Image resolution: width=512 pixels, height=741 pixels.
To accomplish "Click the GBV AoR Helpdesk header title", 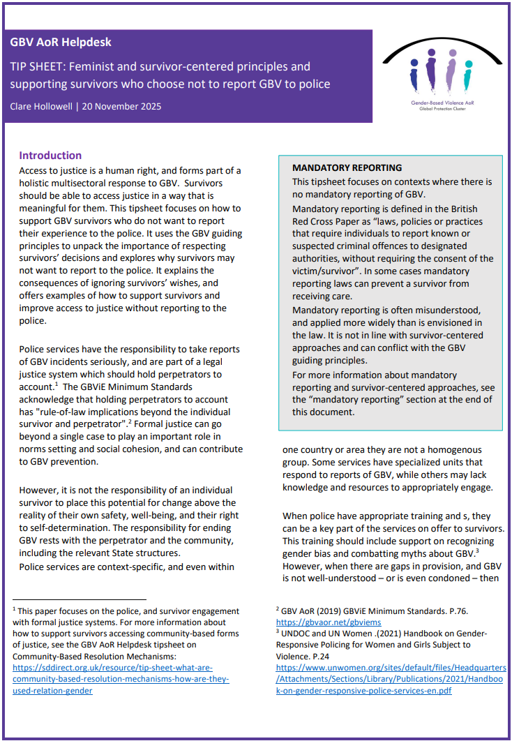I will tap(61, 42).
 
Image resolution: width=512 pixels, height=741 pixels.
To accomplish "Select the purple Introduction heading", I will tap(50, 156).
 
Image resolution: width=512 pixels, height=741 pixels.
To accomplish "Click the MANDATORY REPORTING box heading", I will tap(347, 168).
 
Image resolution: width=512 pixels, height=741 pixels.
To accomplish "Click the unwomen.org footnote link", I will tap(391, 679).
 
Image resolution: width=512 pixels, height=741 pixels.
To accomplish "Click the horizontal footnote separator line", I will tap(79, 599).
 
